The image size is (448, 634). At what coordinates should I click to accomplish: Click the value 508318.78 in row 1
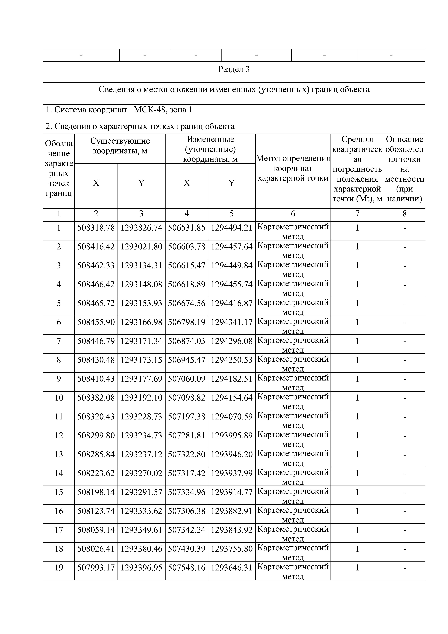[96, 228]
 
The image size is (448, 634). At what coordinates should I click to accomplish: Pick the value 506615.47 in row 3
[187, 266]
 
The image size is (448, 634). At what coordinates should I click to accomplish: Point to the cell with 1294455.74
[232, 284]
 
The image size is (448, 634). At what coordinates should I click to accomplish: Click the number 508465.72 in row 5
[96, 303]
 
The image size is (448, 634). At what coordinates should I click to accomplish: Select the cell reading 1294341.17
[232, 322]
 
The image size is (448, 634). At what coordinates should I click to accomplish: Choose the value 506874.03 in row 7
[187, 341]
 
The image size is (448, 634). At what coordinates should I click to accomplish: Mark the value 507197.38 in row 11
[187, 417]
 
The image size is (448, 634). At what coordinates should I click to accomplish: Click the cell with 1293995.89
[232, 436]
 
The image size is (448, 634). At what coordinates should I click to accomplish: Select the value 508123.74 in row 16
[96, 511]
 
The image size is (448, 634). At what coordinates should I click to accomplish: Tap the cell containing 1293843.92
[232, 530]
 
